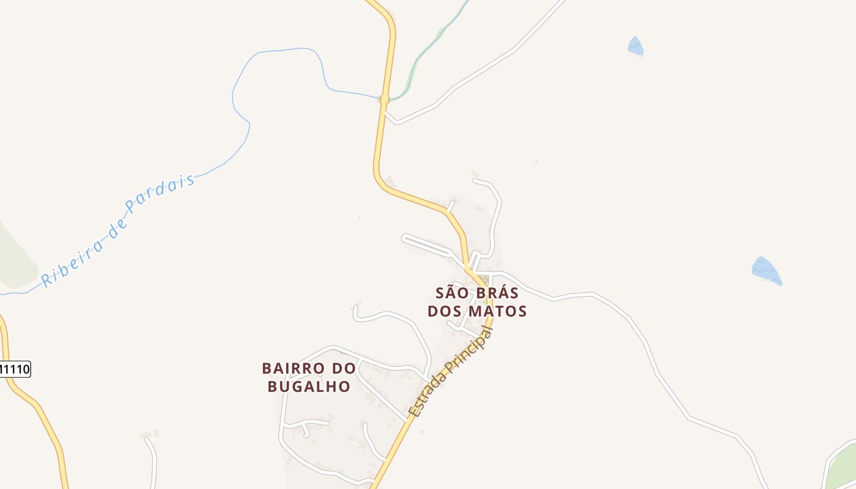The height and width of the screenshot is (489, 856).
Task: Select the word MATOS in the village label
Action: (497, 311)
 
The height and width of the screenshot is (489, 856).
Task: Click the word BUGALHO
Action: (309, 386)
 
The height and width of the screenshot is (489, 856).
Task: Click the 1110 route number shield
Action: (15, 369)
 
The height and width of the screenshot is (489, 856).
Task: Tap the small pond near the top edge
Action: (635, 46)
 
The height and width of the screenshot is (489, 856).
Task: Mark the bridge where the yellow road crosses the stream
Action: (384, 99)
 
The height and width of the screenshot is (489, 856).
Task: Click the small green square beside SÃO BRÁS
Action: (487, 301)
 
